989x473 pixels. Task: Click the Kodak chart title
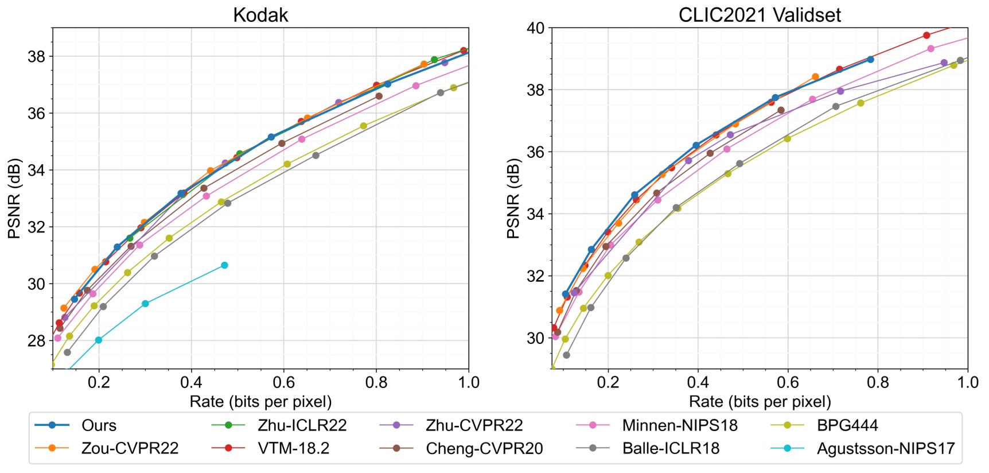click(260, 15)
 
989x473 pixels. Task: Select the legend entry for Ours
click(99, 425)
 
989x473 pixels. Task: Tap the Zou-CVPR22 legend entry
click(130, 448)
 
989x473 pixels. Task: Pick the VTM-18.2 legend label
click(293, 448)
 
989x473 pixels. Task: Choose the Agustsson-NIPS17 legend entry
click(885, 448)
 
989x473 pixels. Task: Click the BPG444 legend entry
click(847, 425)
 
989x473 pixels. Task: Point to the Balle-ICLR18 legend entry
click(670, 448)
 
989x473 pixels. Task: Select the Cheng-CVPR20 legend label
click(484, 448)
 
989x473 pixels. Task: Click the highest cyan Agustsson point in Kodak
click(224, 265)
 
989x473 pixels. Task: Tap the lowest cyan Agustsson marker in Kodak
click(99, 340)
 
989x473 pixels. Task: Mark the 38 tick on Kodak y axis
click(37, 56)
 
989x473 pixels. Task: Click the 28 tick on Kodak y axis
click(37, 340)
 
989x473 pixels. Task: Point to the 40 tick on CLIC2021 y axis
click(536, 28)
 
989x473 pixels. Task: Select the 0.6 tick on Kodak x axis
click(283, 382)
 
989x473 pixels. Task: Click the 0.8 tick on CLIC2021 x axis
click(878, 382)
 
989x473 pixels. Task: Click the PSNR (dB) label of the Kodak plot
click(14, 198)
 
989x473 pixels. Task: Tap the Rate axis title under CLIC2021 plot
click(760, 401)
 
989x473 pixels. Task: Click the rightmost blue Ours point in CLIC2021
click(870, 59)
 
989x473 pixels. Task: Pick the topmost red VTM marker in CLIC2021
click(926, 35)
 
